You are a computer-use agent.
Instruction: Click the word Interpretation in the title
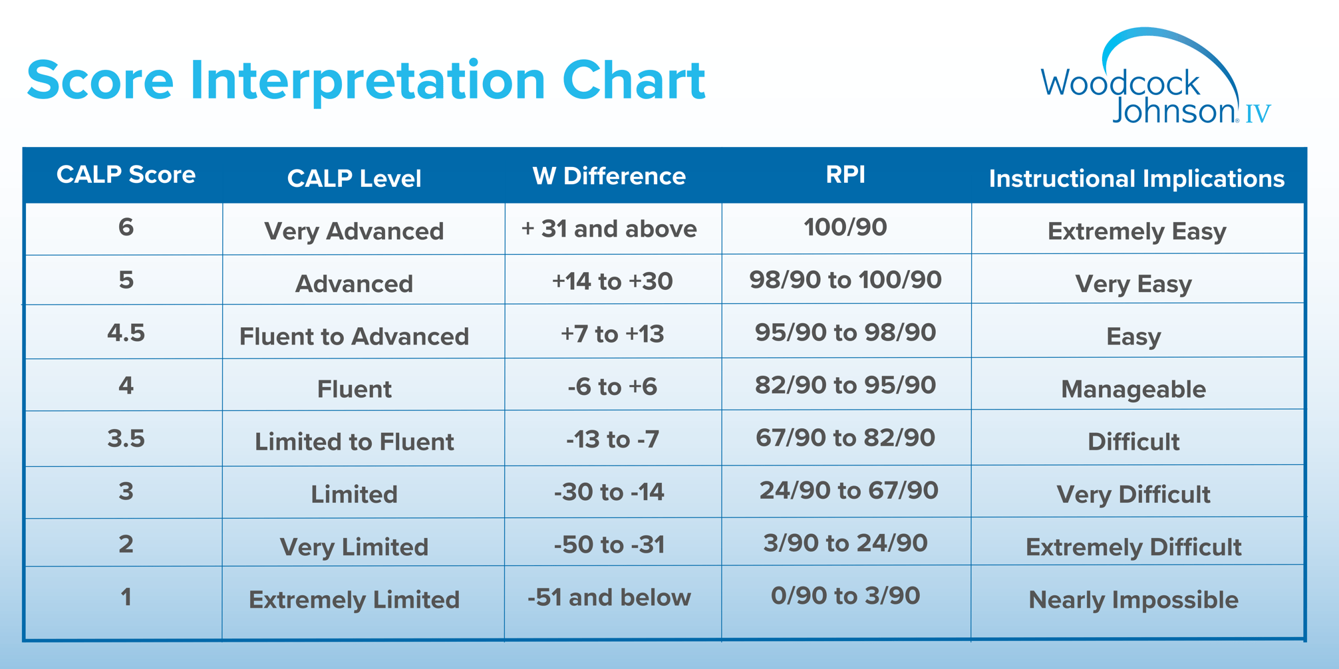pos(367,80)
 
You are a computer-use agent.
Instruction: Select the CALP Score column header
pos(126,175)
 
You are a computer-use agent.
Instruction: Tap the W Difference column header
pos(609,176)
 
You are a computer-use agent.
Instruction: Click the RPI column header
pos(845,174)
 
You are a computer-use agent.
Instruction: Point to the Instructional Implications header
pos(1136,178)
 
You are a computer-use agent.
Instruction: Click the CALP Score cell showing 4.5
pos(126,333)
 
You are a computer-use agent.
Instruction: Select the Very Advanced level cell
pos(354,231)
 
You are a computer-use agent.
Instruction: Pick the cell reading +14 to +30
pos(612,281)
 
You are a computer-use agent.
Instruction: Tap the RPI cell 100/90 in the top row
pos(845,227)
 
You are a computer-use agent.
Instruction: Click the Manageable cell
pos(1133,389)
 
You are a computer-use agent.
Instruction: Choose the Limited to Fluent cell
pos(354,442)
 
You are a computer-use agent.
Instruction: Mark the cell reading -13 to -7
pos(612,439)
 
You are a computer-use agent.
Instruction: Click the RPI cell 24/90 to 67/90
pos(848,491)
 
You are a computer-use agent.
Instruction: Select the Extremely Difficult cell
pos(1133,547)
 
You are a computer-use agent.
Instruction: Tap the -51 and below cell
pos(609,597)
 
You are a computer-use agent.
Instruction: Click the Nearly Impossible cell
pos(1133,600)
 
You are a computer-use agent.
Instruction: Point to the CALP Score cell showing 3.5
pos(126,438)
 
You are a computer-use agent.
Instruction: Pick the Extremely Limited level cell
pos(354,600)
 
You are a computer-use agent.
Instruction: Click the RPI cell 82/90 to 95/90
pos(845,385)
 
